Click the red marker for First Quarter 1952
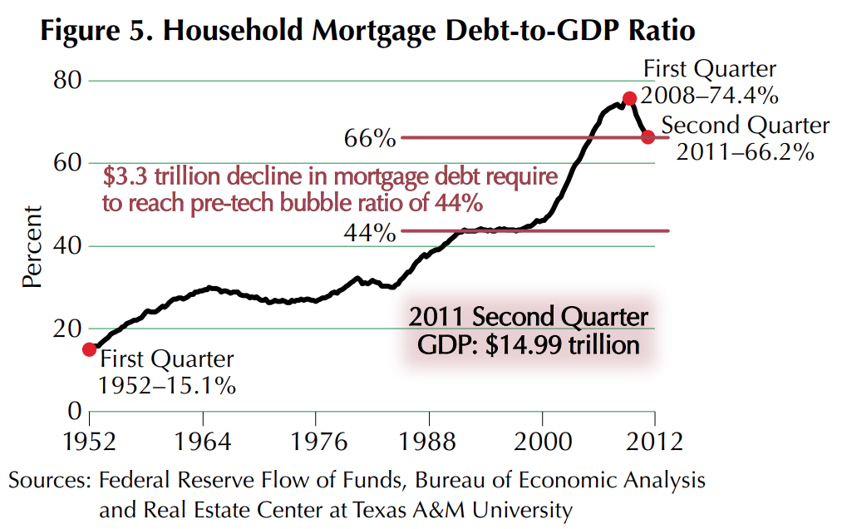click(x=89, y=349)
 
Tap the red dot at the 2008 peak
click(x=629, y=98)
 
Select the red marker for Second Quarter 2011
click(x=648, y=136)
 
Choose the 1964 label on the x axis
click(x=203, y=441)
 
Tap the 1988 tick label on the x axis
click(x=429, y=441)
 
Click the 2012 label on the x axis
click(x=655, y=441)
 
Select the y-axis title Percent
click(x=32, y=246)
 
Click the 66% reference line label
click(x=370, y=138)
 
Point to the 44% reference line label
click(x=370, y=232)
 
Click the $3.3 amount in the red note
click(x=126, y=177)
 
